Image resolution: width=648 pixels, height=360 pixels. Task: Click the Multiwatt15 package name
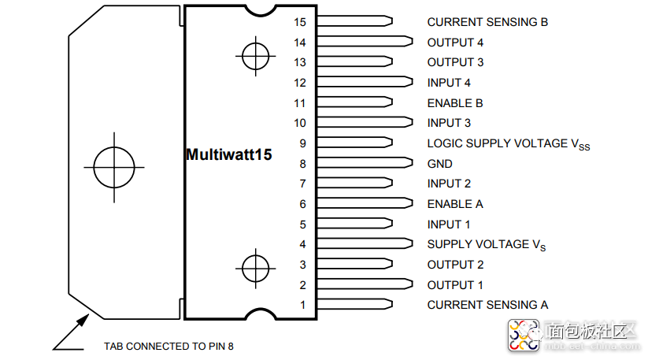(228, 154)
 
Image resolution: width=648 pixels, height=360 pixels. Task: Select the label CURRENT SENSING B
(487, 22)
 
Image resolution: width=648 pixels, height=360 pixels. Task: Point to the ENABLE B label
(454, 103)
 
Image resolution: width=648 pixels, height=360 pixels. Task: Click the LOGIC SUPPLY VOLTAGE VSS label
(508, 144)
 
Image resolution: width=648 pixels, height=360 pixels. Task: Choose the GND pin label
(439, 164)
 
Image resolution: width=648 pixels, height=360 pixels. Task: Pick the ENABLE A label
(454, 204)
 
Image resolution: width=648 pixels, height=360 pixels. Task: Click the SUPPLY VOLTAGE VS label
(486, 245)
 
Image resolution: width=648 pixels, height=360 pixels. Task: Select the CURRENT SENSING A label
(487, 305)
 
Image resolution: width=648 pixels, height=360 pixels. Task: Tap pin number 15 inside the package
(299, 22)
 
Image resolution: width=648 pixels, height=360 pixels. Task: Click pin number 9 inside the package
(302, 143)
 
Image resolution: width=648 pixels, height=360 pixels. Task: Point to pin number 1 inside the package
(302, 305)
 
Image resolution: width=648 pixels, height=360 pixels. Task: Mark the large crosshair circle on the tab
(114, 166)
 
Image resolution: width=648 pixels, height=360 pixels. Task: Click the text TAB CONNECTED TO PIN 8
(168, 346)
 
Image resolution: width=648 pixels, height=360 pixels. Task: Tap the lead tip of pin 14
(409, 42)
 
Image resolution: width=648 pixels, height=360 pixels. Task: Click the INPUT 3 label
(449, 123)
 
